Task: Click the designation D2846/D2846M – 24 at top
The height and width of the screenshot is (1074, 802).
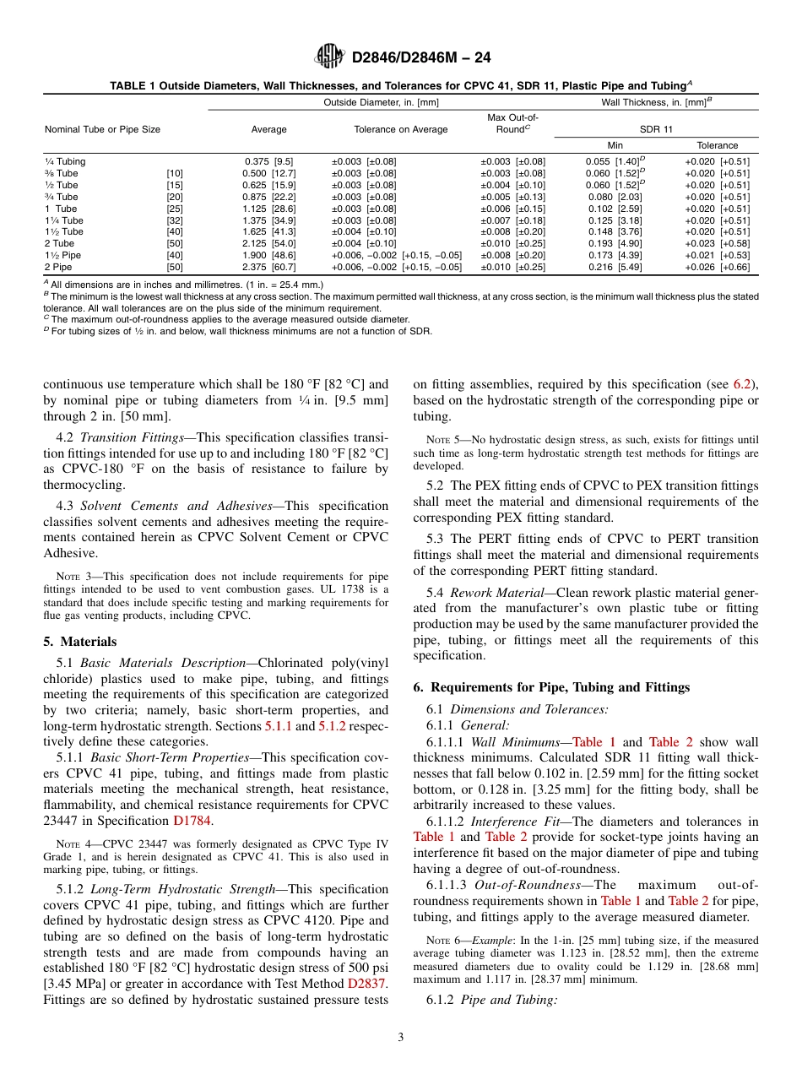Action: coord(419,57)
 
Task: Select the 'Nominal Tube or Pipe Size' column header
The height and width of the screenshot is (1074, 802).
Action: coord(102,129)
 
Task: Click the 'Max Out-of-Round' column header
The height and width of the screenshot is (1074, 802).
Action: coord(512,123)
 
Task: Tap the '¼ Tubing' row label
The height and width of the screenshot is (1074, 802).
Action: coord(65,161)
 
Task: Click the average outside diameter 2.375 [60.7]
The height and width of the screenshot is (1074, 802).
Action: coord(268,267)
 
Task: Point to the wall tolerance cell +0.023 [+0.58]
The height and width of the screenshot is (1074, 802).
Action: coord(717,243)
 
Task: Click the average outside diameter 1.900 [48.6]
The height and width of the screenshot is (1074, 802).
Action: coord(268,255)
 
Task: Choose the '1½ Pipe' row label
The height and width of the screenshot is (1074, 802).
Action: coord(63,255)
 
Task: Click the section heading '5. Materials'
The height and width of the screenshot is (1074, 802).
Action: coord(80,641)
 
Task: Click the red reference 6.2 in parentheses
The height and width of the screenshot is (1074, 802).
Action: coord(743,384)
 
